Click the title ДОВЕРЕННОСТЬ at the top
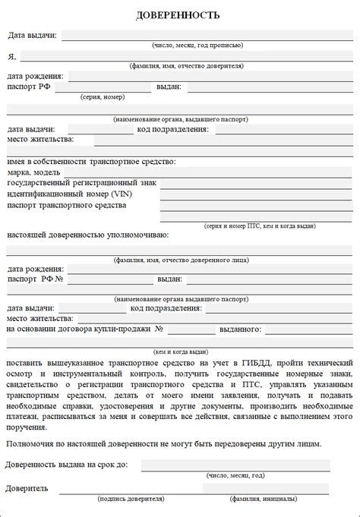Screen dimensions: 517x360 tap(179, 14)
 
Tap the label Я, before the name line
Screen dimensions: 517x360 tap(11, 56)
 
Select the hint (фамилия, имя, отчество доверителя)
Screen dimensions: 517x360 tap(186, 66)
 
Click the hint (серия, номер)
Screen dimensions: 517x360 tap(102, 97)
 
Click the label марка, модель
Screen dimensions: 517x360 tap(34, 172)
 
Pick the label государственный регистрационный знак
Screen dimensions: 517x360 tap(82, 183)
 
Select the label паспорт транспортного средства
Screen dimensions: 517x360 tap(67, 205)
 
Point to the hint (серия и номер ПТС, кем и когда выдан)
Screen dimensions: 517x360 tap(259, 226)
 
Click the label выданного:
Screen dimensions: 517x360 tap(241, 329)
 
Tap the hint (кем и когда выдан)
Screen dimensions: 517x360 tap(181, 351)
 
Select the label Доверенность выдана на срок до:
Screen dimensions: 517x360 tap(67, 465)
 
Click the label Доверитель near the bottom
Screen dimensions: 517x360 tap(27, 488)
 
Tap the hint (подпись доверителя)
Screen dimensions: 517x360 tap(131, 499)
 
